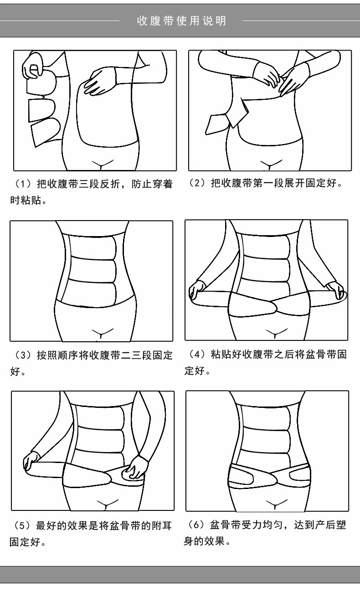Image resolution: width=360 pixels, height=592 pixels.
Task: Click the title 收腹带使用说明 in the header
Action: pyautogui.click(x=181, y=21)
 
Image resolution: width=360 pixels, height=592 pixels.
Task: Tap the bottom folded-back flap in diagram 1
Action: pyautogui.click(x=46, y=132)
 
